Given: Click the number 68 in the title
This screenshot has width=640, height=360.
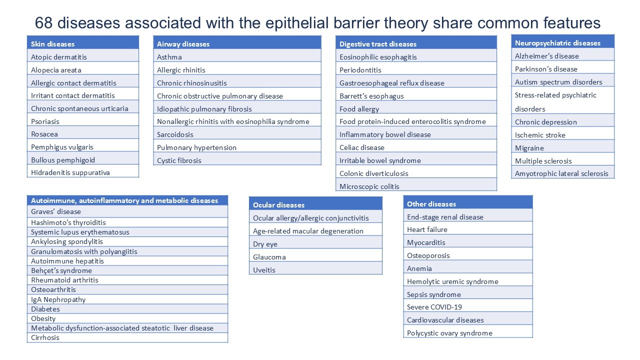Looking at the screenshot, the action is coord(43,23).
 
